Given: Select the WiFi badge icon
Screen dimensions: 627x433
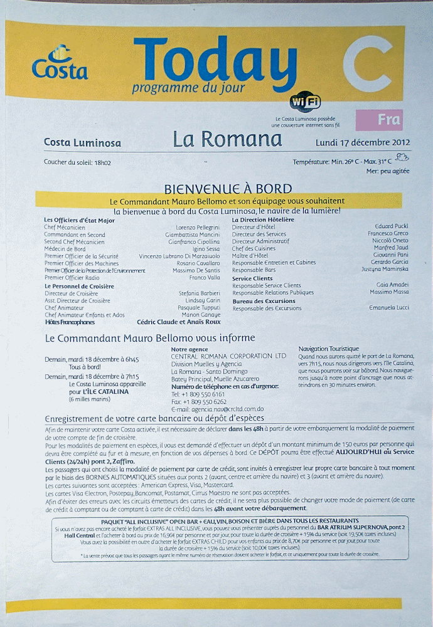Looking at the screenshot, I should (x=306, y=102).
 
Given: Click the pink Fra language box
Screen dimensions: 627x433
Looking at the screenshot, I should (x=378, y=119).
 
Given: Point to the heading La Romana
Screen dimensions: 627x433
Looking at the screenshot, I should (x=228, y=139).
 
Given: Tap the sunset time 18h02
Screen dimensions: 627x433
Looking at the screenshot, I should (x=102, y=162).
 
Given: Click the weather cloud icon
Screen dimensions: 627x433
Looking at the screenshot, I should (x=402, y=158).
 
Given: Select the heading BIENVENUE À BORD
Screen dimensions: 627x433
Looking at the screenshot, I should (x=228, y=189).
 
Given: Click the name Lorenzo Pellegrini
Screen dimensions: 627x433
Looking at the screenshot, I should (x=198, y=227).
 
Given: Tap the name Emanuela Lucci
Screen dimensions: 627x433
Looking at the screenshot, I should (x=389, y=308).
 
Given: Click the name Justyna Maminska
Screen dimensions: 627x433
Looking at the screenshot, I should (x=385, y=269).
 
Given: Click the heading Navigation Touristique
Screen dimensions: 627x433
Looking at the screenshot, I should (x=328, y=349).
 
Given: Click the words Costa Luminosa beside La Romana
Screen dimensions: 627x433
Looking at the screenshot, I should (x=82, y=142).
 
